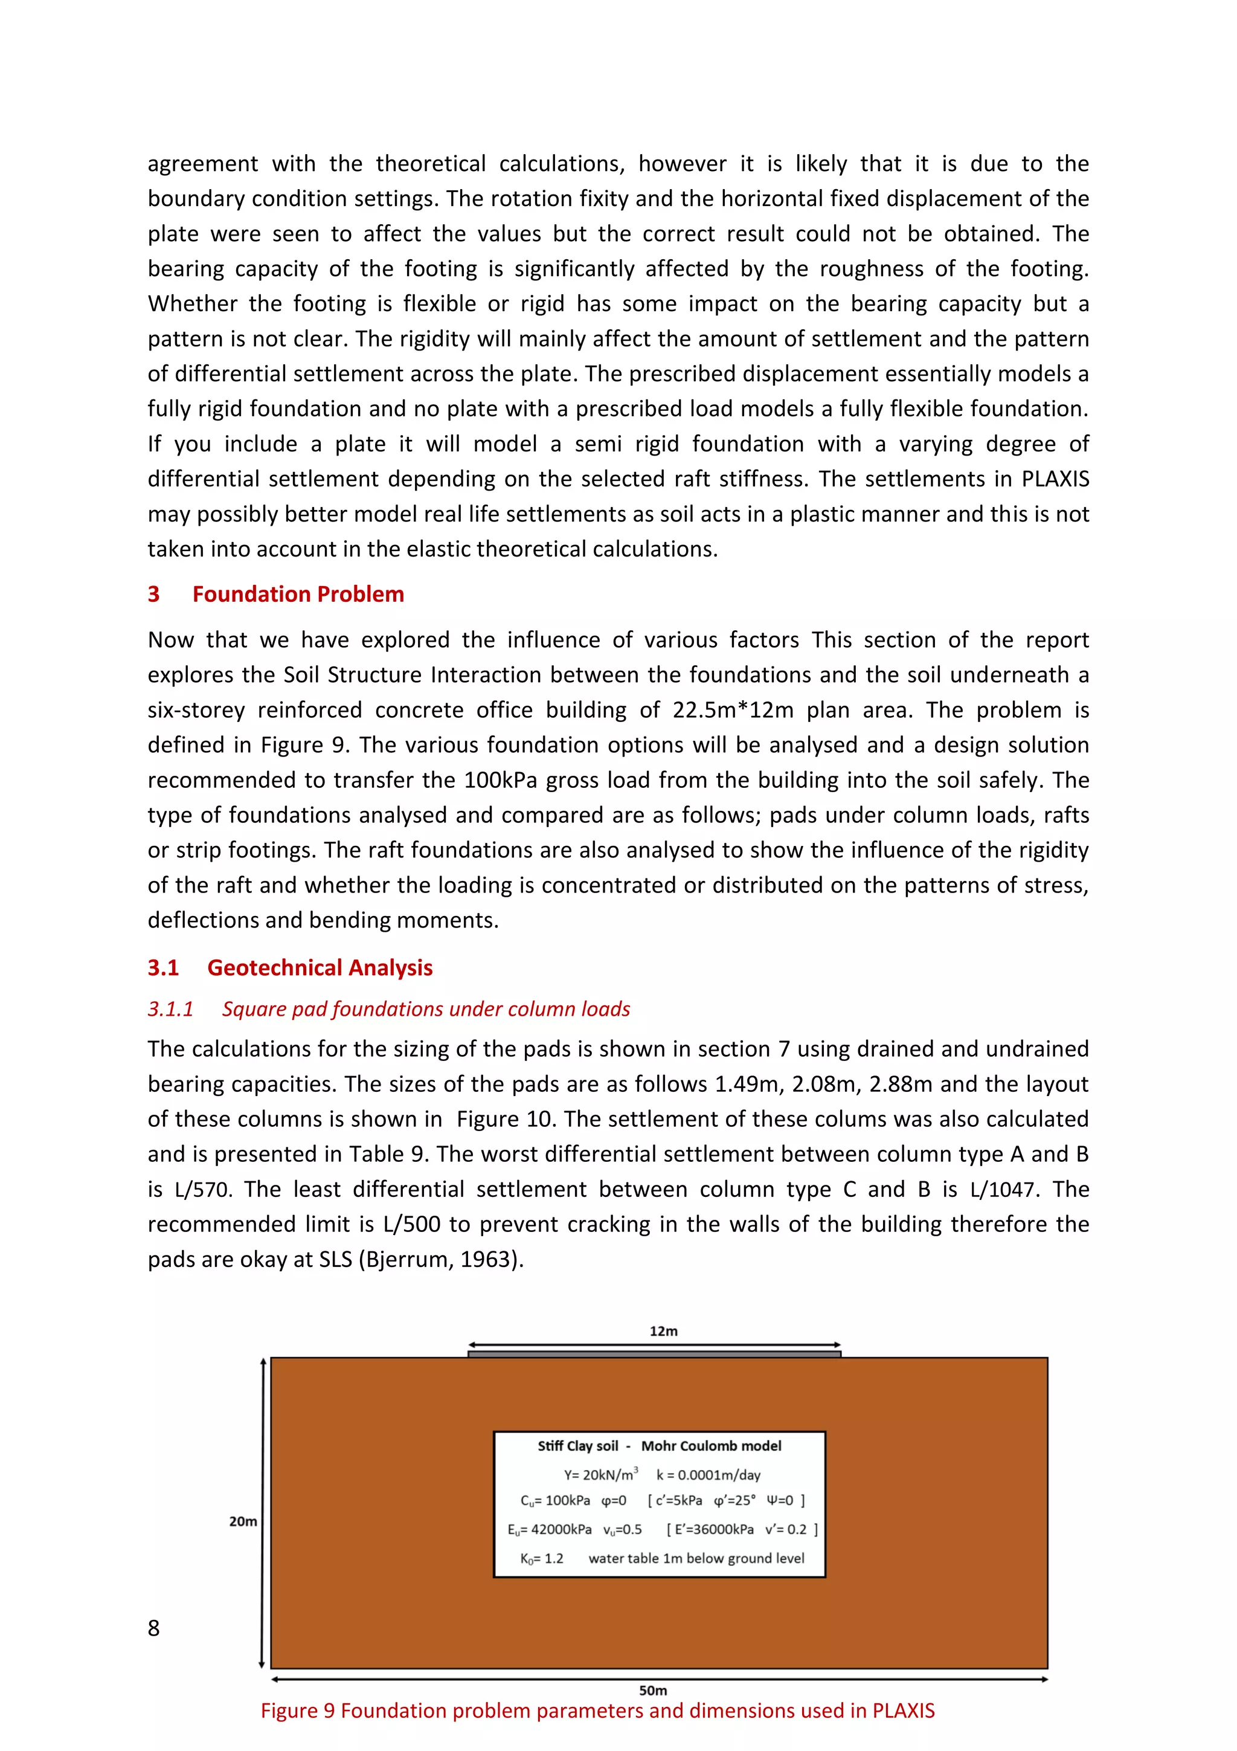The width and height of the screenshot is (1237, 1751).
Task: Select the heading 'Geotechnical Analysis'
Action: [x=320, y=968]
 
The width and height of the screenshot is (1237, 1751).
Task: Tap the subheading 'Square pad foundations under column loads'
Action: [x=425, y=1009]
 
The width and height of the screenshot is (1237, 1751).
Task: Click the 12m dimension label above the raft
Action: [x=663, y=1331]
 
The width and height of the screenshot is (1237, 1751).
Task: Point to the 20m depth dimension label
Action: [x=243, y=1521]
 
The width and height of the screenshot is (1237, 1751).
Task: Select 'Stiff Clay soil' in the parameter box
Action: [x=577, y=1446]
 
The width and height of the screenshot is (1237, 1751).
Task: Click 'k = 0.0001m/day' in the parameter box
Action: [x=708, y=1475]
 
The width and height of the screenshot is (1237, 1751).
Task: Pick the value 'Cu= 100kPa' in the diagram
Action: [x=555, y=1501]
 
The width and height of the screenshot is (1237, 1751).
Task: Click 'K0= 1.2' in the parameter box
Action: [x=541, y=1559]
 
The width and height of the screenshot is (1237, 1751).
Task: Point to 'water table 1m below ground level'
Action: [x=696, y=1559]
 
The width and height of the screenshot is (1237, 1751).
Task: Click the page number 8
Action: [x=153, y=1628]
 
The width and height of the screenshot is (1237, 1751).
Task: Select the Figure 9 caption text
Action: [x=597, y=1711]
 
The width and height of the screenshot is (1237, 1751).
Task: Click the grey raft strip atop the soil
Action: [x=654, y=1355]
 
